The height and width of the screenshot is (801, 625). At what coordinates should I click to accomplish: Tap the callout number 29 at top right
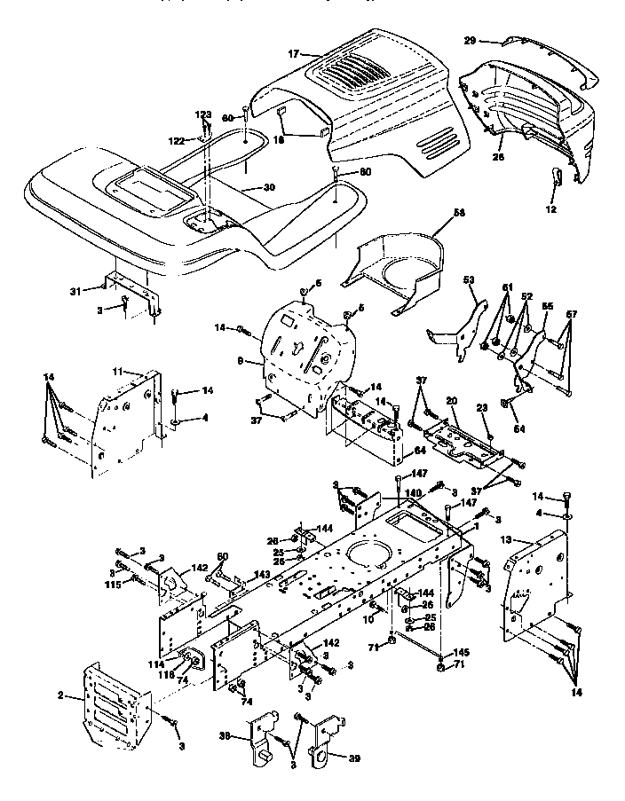click(471, 41)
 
